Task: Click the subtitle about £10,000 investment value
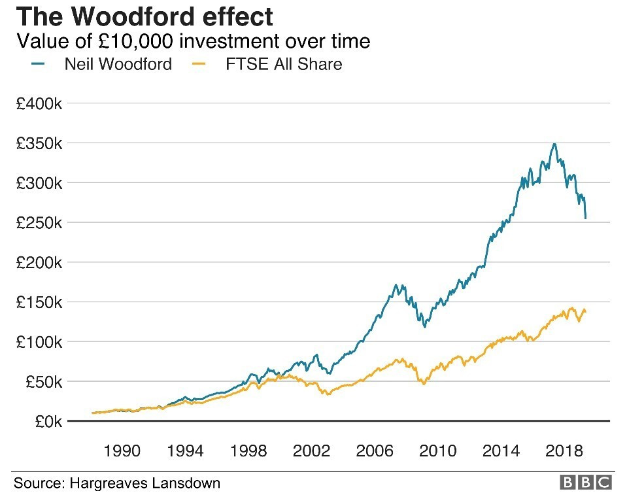[194, 41]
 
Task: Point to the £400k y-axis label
[39, 103]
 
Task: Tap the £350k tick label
[39, 143]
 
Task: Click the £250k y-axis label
[39, 223]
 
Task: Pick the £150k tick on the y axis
[39, 302]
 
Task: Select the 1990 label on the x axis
[122, 451]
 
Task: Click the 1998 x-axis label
[248, 451]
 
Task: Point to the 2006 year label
[375, 451]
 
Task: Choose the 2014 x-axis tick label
[501, 451]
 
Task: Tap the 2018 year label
[564, 451]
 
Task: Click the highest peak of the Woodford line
[554, 144]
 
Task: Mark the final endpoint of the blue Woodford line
[586, 218]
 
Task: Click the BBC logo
[586, 483]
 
